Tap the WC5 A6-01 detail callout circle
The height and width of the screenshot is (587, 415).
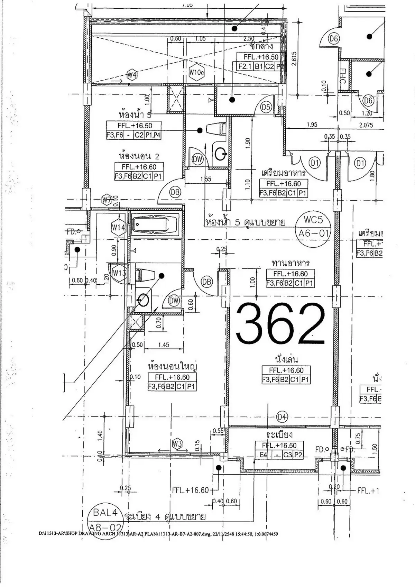313,226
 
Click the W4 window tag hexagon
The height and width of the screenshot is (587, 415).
132,74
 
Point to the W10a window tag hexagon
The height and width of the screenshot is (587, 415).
197,72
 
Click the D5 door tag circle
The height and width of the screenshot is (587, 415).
266,107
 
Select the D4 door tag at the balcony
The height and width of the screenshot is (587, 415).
282,417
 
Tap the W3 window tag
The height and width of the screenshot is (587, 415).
177,444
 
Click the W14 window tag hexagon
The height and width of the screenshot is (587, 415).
118,228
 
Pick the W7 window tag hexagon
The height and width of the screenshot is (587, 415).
107,200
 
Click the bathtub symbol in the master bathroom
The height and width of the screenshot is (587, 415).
155,224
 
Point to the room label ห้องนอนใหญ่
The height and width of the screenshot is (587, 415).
172,366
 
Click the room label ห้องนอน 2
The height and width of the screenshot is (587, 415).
139,156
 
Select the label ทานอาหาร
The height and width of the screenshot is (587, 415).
290,263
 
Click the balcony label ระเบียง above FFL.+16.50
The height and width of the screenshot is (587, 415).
280,434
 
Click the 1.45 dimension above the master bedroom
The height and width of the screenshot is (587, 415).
164,345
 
